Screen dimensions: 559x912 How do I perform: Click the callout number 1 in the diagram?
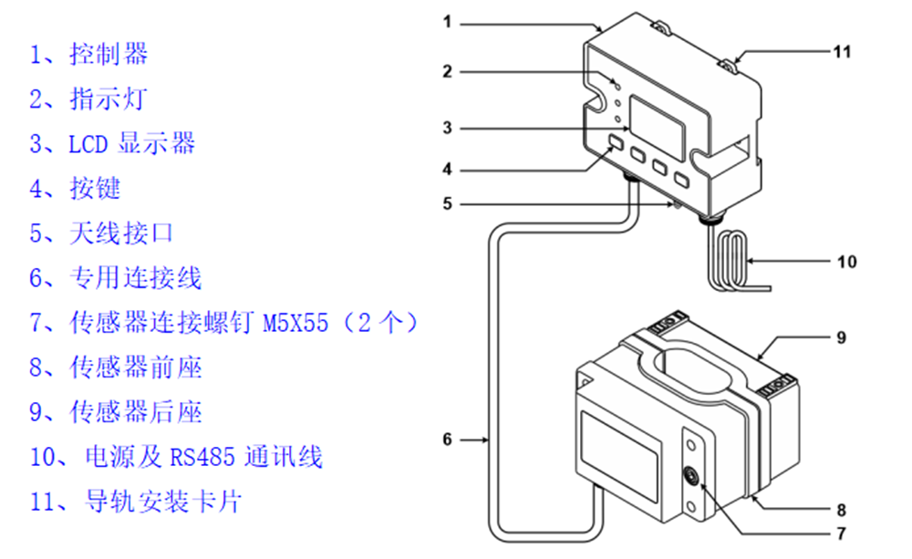click(x=448, y=21)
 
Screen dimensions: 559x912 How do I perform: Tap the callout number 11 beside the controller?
click(x=841, y=52)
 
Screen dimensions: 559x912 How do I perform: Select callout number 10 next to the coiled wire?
click(x=846, y=262)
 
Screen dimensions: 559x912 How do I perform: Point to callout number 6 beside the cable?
click(x=448, y=440)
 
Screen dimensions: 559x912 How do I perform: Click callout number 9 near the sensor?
click(x=841, y=337)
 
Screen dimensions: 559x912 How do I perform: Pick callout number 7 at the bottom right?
click(x=841, y=533)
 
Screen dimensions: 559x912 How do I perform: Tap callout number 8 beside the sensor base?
click(x=841, y=509)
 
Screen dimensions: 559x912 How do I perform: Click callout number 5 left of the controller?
click(x=448, y=203)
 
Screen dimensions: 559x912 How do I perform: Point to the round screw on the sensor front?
click(x=693, y=474)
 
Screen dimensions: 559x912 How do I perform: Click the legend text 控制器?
click(x=109, y=54)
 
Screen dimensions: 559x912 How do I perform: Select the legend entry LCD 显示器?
click(x=131, y=143)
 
